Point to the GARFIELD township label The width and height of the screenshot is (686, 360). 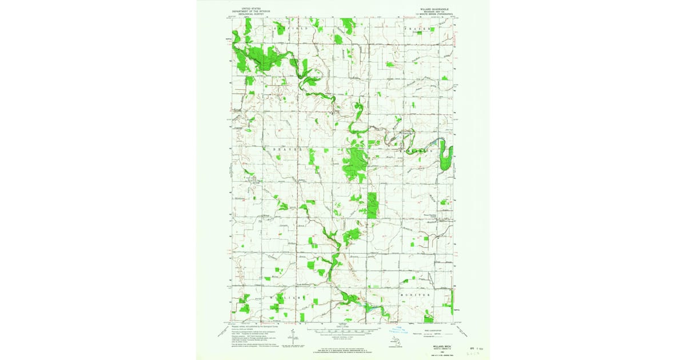point(290,27)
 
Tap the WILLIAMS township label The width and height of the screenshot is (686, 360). point(284,298)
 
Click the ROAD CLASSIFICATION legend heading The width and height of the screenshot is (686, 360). point(437,329)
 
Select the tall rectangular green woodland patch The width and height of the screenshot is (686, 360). point(372,205)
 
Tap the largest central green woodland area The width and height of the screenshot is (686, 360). point(354,163)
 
